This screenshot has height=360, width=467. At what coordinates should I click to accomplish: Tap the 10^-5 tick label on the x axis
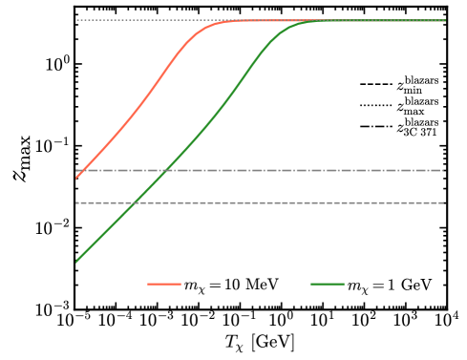(x=74, y=323)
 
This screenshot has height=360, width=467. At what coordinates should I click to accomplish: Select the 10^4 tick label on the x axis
(x=447, y=323)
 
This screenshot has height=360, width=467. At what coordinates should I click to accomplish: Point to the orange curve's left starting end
(x=74, y=179)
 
